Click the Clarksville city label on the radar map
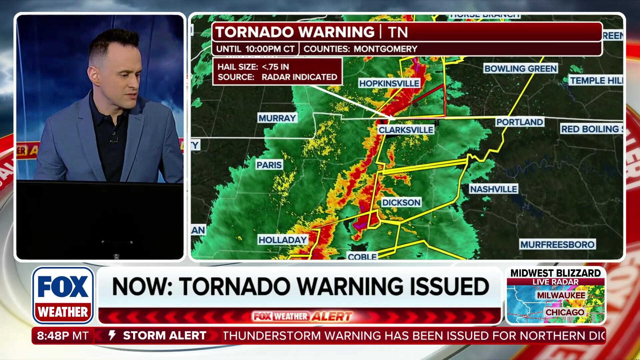click(406, 130)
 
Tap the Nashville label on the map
click(493, 189)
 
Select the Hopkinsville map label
click(389, 83)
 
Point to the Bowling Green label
click(520, 69)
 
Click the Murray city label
click(277, 118)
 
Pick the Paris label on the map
click(269, 165)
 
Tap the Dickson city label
click(401, 202)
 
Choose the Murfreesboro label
click(557, 244)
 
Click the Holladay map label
click(282, 240)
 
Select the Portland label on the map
click(519, 122)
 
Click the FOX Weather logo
click(63, 295)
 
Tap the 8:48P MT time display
click(63, 335)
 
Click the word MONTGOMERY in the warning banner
click(385, 49)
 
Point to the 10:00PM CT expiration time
click(270, 49)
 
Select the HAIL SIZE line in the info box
click(253, 67)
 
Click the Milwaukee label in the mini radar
click(561, 295)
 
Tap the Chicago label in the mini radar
click(565, 312)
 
